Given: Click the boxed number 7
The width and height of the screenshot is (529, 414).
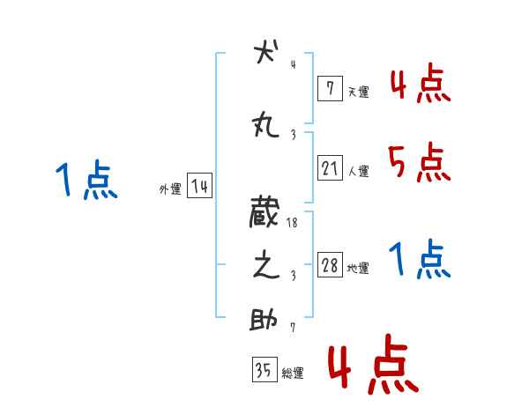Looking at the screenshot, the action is point(329,88).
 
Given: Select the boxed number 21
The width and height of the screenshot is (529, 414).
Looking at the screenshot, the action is point(329,168).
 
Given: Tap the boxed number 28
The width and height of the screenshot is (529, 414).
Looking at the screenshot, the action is point(329,265).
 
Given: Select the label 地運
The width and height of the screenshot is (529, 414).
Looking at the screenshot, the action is point(358,268).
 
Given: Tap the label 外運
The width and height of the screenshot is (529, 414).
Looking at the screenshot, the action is point(169,189).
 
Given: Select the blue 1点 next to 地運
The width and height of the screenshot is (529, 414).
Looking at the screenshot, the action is point(420,259).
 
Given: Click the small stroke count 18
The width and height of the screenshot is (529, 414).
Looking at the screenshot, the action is point(293,224).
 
